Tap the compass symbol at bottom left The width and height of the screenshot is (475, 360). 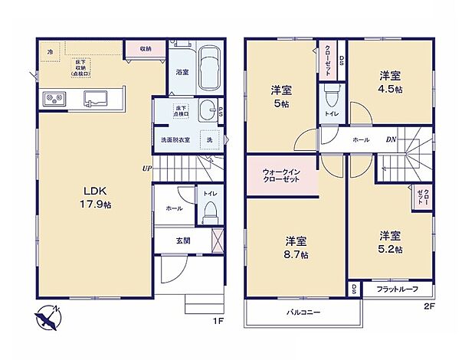[47, 315]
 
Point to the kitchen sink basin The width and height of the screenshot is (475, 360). [97, 97]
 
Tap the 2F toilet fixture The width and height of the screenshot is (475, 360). [332, 97]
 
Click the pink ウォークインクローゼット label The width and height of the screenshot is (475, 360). [280, 175]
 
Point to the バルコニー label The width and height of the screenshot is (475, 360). [303, 313]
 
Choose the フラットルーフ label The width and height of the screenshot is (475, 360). [397, 290]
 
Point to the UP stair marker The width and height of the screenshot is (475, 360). [145, 168]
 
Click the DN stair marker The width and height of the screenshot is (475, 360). [390, 140]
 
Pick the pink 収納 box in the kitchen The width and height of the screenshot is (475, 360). [145, 49]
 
